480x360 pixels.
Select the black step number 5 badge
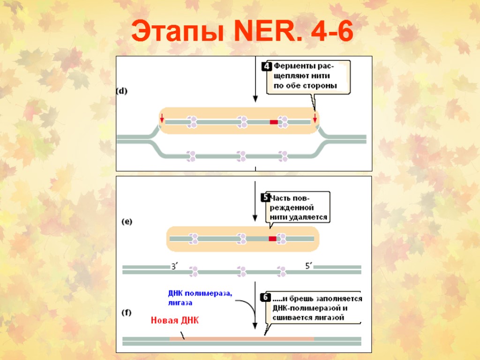265,198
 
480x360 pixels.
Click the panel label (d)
122,91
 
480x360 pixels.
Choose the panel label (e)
126,222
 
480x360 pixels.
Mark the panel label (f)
126,312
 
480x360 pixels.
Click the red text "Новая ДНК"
174,321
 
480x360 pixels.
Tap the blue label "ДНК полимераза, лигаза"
200,298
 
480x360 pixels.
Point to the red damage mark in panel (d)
274,122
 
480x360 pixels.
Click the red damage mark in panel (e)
272,239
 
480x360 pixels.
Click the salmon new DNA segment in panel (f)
241,338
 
